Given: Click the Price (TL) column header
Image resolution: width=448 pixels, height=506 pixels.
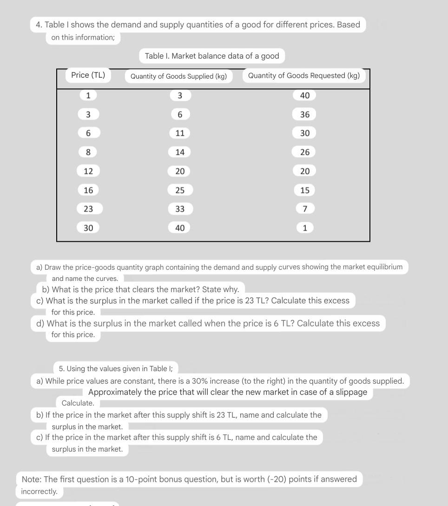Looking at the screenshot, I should (x=88, y=75).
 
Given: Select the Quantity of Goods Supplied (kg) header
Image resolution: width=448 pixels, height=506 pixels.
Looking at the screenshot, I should (x=178, y=76).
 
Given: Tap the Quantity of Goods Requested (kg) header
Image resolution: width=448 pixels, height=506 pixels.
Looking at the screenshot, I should (x=303, y=76).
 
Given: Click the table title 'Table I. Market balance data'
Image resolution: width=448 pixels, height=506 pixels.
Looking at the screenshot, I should (x=211, y=56).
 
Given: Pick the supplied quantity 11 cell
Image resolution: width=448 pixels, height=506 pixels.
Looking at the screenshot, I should (x=180, y=133).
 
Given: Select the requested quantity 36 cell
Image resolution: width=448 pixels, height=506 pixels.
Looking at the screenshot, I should (x=304, y=114).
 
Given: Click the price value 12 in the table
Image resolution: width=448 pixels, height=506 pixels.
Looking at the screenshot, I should (x=88, y=171).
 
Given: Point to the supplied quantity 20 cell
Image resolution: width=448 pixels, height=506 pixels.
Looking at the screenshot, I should (x=180, y=171).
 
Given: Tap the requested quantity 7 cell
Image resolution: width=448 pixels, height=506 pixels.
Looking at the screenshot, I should (x=305, y=209).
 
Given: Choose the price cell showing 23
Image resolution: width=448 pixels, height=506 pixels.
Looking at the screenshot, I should (x=88, y=209).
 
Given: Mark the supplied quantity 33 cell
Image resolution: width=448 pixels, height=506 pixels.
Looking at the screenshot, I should (x=180, y=209).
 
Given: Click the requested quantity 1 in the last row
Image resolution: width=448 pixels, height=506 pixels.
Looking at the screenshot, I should (x=305, y=228).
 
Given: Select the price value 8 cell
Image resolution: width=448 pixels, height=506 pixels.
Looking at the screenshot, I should (x=88, y=152).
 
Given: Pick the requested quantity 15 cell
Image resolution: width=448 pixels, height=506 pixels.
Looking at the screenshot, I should (x=304, y=190).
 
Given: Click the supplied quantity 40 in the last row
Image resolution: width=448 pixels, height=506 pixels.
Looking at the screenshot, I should (x=180, y=228).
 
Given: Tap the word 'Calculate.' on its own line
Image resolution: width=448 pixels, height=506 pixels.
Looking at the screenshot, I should (x=78, y=403).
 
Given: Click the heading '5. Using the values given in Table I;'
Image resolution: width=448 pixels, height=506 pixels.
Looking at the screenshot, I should (x=116, y=369).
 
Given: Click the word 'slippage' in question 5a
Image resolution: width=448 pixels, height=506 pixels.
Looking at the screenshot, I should (x=351, y=392).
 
